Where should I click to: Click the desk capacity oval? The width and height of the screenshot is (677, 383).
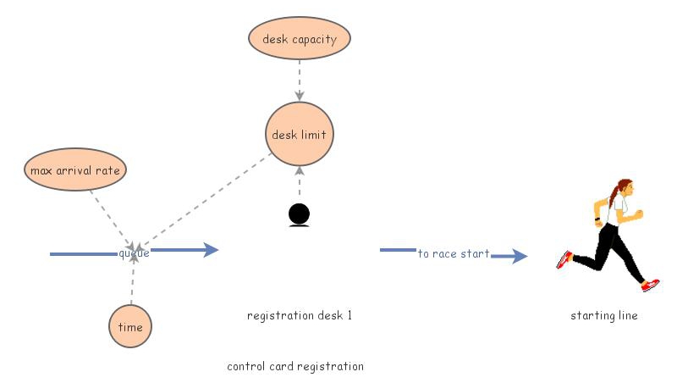pos(299,39)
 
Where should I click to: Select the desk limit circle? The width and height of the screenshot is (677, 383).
pos(299,135)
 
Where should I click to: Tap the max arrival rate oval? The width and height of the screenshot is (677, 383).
pos(75,170)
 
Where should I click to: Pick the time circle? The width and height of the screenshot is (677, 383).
pos(130,326)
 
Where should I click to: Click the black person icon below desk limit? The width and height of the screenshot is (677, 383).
pos(299,215)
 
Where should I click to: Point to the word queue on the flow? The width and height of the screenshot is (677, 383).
pos(134,253)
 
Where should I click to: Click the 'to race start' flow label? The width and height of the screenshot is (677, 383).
pos(454,253)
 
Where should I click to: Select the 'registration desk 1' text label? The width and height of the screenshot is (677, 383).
pos(299,315)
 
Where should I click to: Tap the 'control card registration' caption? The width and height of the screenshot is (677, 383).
pos(295,366)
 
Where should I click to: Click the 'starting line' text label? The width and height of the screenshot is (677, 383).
pos(603,315)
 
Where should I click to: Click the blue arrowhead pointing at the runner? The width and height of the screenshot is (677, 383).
pos(518,256)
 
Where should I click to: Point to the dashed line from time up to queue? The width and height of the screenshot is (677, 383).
pos(132,284)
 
